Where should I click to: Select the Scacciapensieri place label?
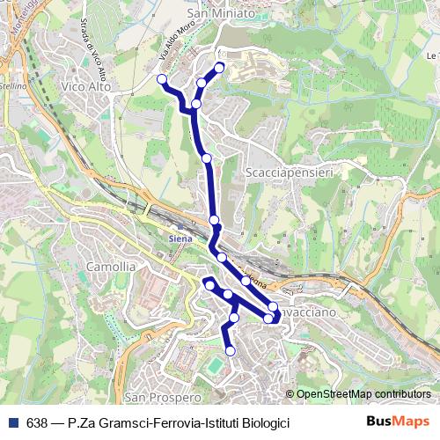(289, 173)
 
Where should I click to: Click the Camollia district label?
(111, 266)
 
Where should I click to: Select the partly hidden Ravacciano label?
(308, 312)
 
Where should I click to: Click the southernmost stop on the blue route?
(231, 351)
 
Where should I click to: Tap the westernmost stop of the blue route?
(162, 79)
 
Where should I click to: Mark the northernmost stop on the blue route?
(219, 67)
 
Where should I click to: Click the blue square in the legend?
(14, 422)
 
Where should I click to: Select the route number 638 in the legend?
(37, 422)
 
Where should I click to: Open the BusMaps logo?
(398, 422)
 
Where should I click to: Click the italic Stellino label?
(12, 87)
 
